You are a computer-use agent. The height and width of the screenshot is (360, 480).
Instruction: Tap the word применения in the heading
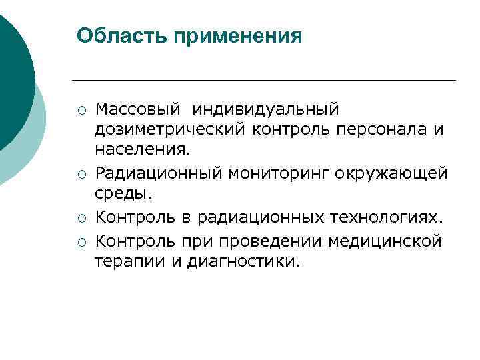coord(237,36)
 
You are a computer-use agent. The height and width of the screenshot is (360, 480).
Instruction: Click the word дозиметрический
coord(170,129)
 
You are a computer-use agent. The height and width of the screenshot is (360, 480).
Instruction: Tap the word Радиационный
coord(159,173)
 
